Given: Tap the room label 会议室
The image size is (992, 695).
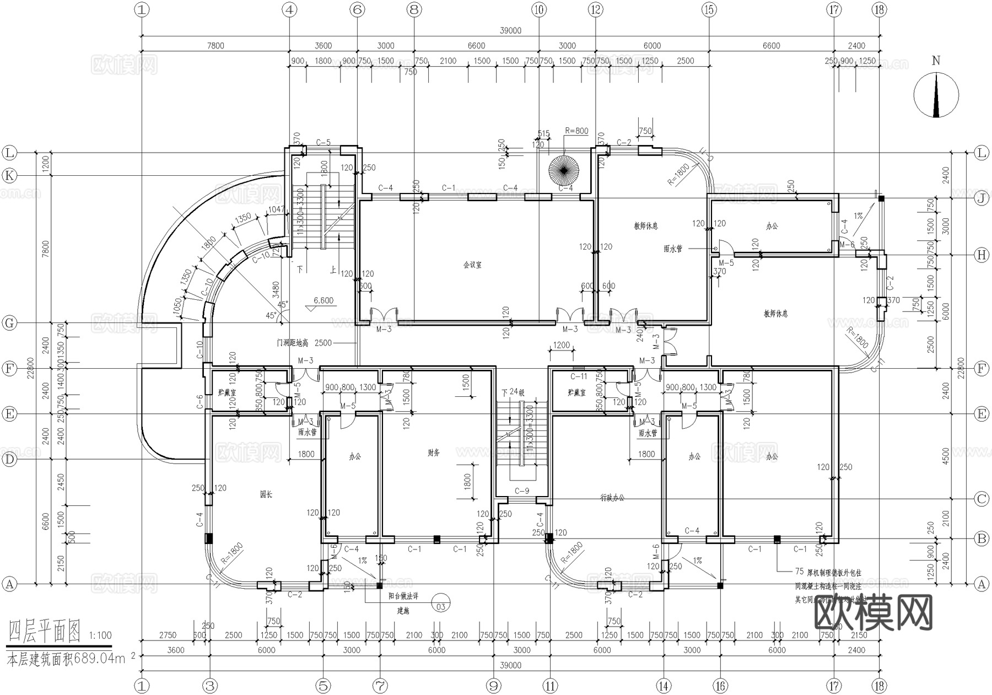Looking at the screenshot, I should pos(472,265).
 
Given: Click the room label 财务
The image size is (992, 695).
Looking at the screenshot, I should pos(434,452).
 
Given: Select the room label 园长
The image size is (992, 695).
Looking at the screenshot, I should pos(266,494).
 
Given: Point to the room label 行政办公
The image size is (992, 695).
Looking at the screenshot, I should pos(612,498).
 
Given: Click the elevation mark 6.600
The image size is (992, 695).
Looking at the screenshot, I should pos(324,301).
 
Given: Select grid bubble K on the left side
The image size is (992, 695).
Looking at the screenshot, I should pos(9,176).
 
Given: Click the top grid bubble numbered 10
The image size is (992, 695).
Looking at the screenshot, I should pos(539,9).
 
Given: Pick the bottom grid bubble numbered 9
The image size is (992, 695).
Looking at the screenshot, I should pos(493,686).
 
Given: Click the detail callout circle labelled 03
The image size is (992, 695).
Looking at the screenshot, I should pos(440,606).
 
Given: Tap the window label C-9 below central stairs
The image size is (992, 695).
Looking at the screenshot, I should pos(521,491).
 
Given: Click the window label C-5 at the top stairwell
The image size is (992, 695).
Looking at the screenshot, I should pos(323,143).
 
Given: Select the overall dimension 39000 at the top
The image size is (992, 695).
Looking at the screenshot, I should pos(510,31).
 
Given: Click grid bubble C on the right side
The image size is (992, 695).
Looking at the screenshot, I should pos(982,499).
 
